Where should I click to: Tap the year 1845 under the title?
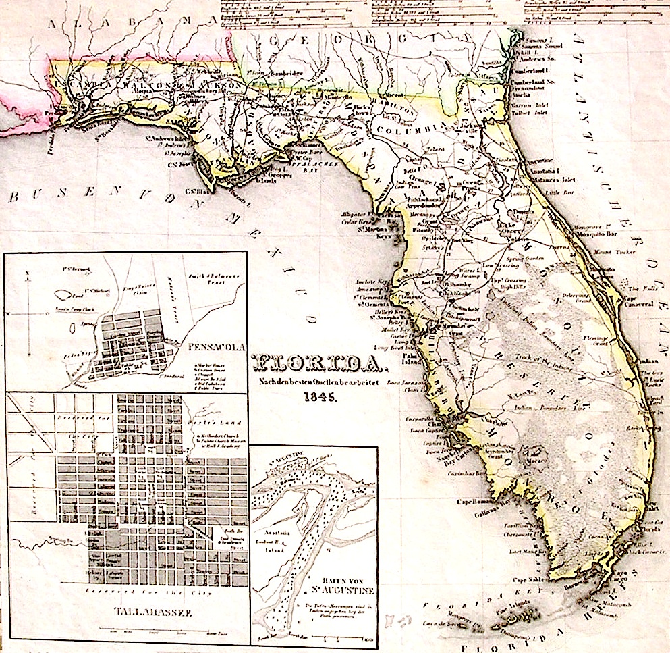click(317, 397)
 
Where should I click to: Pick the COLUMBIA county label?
click(408, 128)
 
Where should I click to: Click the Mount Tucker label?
click(607, 251)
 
